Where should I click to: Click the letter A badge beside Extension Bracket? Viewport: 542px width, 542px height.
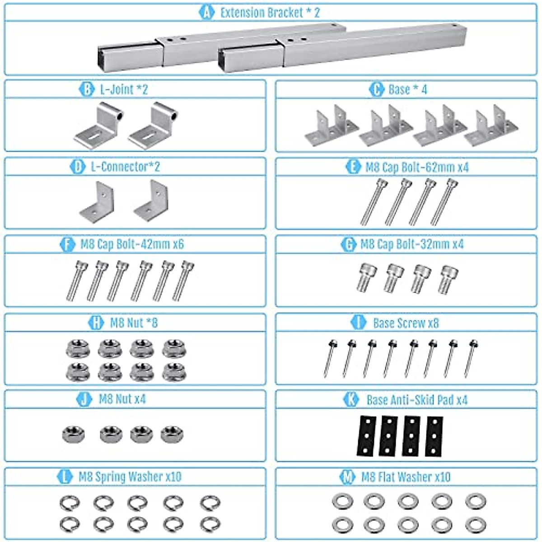[206, 12]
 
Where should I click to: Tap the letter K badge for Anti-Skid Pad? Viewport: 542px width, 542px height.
[351, 399]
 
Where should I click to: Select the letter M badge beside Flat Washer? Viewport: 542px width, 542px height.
[347, 477]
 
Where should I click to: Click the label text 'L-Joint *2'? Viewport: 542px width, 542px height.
[124, 89]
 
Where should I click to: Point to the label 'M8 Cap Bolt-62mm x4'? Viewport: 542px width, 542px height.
[416, 167]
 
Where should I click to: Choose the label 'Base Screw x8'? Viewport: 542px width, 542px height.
[406, 322]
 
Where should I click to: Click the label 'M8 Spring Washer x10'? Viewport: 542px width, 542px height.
[130, 477]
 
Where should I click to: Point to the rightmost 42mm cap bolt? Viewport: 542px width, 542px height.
[184, 280]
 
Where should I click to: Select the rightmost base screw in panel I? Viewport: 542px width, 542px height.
[471, 358]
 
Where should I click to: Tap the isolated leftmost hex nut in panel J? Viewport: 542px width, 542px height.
[73, 434]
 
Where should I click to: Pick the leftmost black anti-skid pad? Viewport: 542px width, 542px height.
[367, 435]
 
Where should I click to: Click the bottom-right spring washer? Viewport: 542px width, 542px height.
[210, 524]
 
